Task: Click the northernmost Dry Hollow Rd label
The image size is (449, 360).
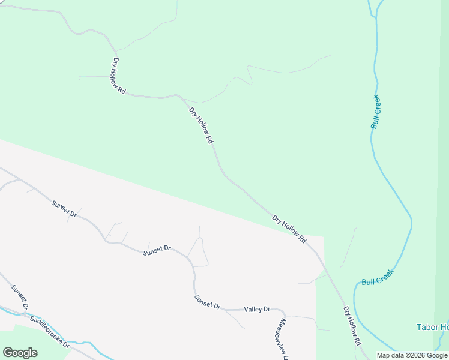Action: [x=119, y=76]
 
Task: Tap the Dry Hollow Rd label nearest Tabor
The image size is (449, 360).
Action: [x=352, y=325]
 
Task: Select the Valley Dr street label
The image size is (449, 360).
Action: [x=257, y=310]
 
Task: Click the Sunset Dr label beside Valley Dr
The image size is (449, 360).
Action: [x=207, y=301]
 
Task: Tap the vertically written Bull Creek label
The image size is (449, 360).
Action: [x=376, y=112]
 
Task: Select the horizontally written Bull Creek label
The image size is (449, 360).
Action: [x=378, y=277]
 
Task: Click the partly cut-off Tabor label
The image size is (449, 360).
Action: [x=432, y=327]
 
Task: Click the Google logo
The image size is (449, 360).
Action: [x=20, y=353]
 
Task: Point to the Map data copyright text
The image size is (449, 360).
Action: [x=412, y=355]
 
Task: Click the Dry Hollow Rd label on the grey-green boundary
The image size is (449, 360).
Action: [x=289, y=229]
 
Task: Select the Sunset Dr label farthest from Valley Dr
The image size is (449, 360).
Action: [x=64, y=209]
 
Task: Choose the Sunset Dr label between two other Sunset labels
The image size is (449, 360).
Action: [x=157, y=251]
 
